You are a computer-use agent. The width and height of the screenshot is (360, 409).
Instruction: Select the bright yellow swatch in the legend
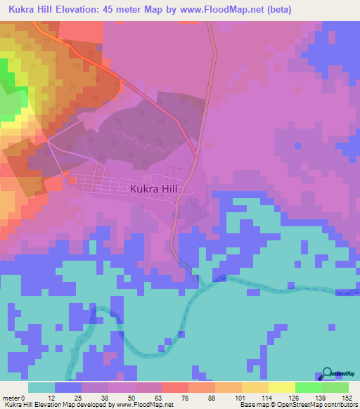coord(282,387)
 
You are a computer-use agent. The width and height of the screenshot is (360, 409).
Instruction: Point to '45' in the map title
coord(119,10)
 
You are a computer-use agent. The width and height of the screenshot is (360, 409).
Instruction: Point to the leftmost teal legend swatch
coord(41,387)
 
